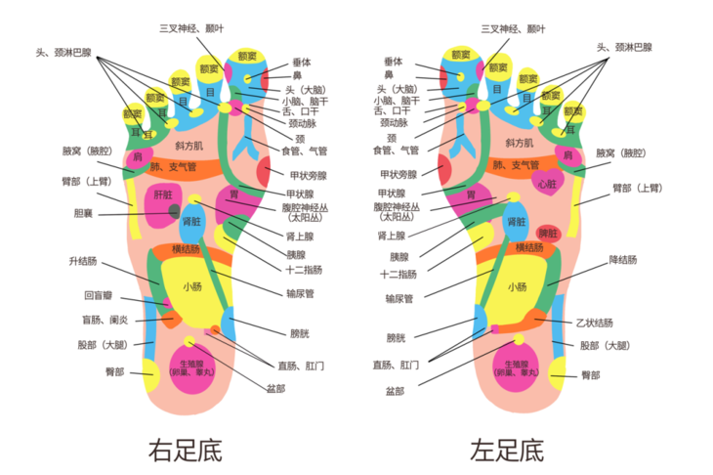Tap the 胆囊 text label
(x=84, y=212)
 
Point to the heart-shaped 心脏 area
(x=546, y=183)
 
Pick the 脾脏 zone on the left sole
(x=548, y=233)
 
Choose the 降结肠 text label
(x=622, y=260)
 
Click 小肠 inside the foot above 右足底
(x=192, y=286)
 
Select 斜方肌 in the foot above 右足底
(x=189, y=146)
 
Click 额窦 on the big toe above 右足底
(x=247, y=57)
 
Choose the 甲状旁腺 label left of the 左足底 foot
(x=398, y=174)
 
